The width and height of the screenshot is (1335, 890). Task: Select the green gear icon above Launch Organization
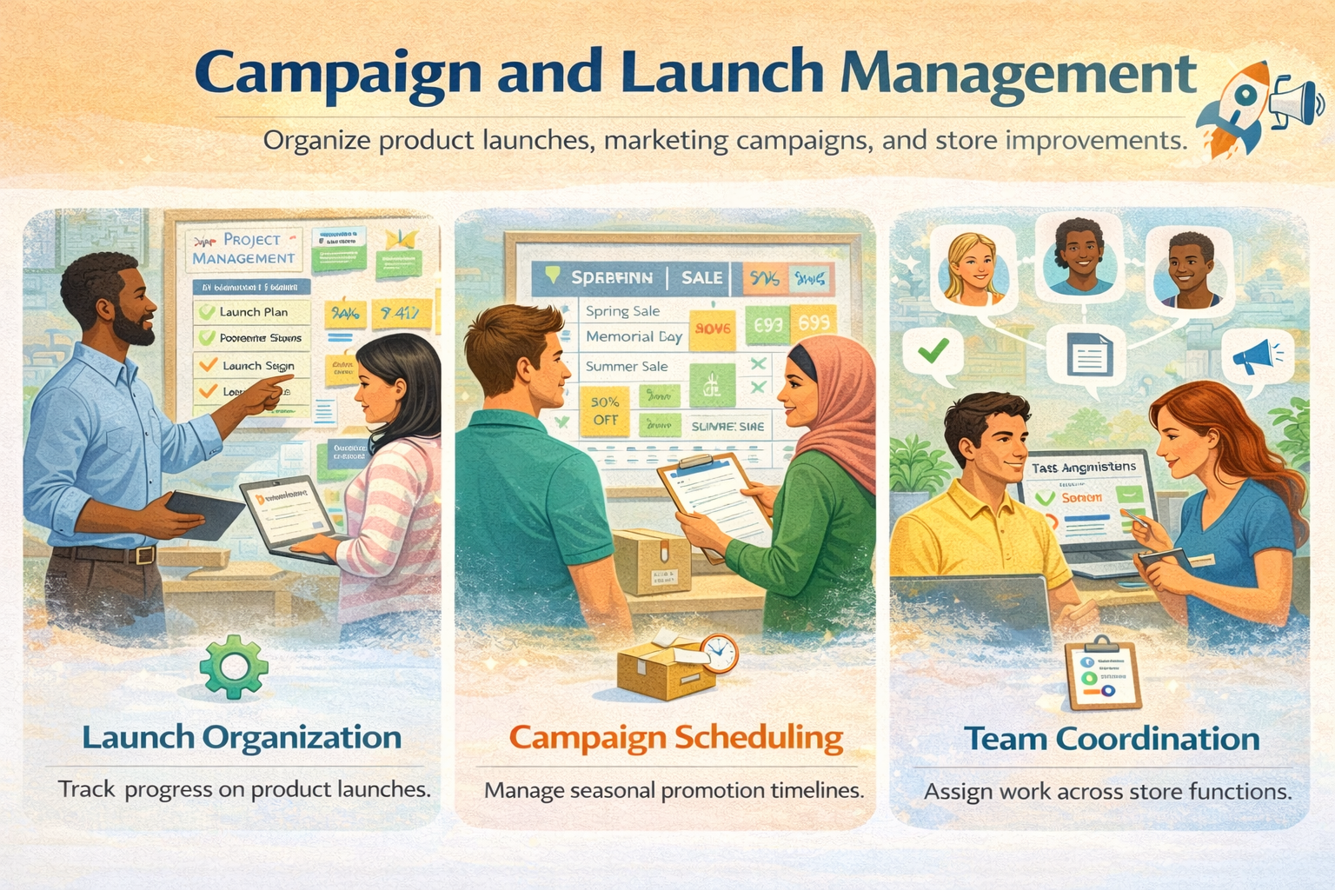pos(233,667)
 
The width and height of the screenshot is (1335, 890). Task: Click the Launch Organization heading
pos(242,737)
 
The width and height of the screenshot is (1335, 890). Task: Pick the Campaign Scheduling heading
pos(675,737)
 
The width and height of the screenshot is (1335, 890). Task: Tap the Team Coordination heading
pos(1112,739)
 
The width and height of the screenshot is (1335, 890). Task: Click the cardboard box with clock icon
pos(674,666)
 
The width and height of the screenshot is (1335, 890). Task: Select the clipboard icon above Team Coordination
pos(1102,675)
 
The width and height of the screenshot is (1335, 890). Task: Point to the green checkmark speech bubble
pos(933,353)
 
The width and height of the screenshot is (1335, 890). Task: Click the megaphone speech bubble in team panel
pos(1256,356)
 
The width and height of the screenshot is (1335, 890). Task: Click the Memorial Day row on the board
pos(634,336)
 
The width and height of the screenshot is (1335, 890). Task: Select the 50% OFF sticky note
pos(605,410)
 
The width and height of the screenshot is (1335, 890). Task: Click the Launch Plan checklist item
pos(252,312)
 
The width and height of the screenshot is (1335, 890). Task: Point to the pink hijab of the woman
pos(834,400)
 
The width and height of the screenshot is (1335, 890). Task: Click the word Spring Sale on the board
pos(622,311)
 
